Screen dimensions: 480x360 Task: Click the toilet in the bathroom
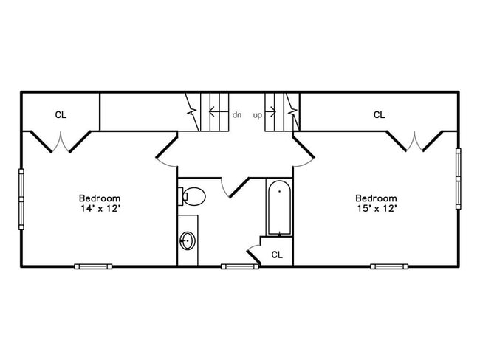[192, 196]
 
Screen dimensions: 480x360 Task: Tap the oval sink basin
[188, 240]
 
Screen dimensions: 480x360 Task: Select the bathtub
[279, 208]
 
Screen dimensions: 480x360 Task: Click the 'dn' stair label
[237, 115]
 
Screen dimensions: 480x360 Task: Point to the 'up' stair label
[258, 116]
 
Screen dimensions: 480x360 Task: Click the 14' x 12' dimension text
[100, 209]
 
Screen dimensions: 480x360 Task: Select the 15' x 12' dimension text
[377, 209]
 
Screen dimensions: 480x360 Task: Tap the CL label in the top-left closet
[61, 115]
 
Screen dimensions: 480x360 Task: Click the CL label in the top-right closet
[380, 115]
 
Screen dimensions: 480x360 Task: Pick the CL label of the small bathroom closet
[277, 255]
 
